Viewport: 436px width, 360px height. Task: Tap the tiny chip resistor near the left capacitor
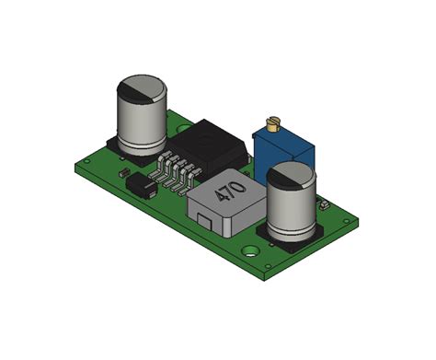[x=122, y=172]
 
